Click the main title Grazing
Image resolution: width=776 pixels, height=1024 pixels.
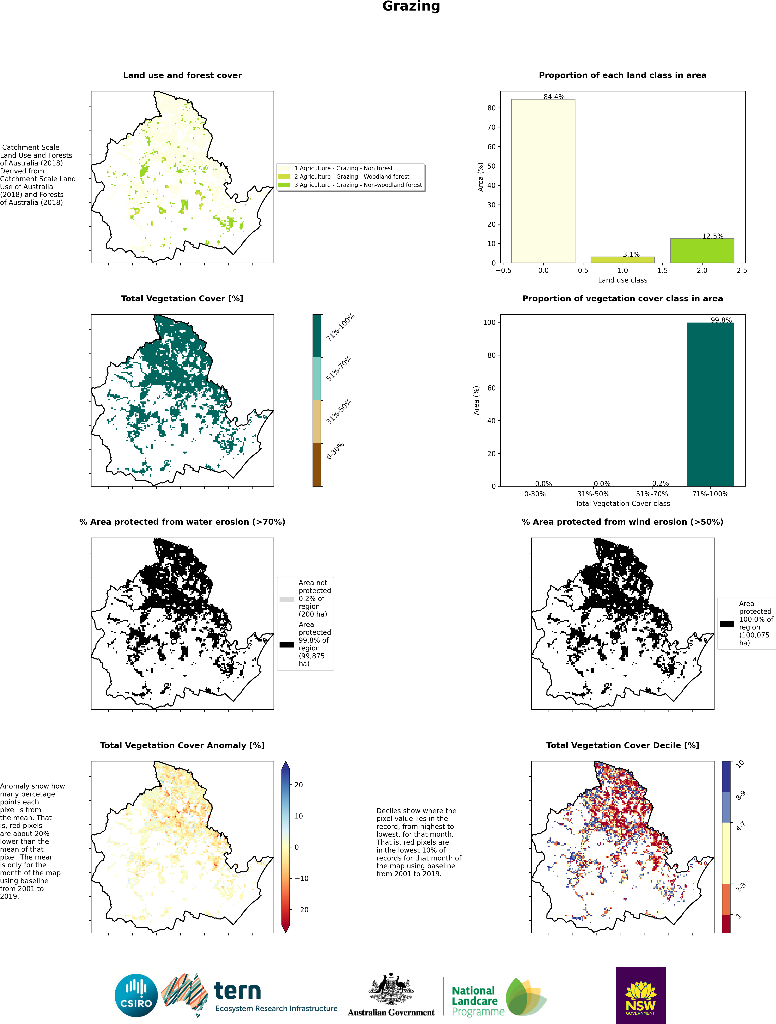point(411,6)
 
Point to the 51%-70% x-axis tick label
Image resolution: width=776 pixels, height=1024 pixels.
point(652,494)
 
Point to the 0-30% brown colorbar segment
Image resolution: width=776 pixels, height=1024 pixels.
point(317,464)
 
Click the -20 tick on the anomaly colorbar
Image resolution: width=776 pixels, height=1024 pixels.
point(302,910)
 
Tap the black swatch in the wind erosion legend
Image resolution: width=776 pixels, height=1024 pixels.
point(726,624)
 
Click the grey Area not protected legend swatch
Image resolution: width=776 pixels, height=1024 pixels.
point(286,599)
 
